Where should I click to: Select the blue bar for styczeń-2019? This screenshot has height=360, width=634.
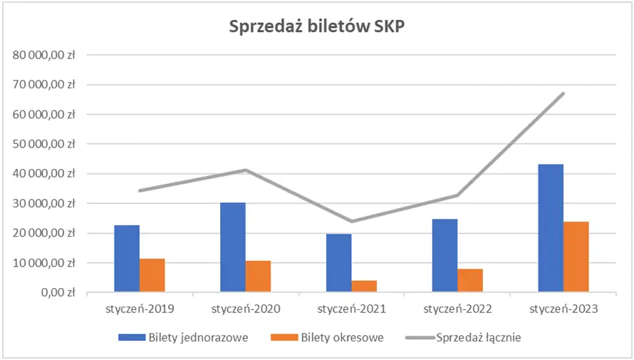click(x=127, y=258)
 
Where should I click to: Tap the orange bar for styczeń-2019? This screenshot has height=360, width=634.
click(x=152, y=275)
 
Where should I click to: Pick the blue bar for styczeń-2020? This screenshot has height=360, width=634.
click(x=233, y=247)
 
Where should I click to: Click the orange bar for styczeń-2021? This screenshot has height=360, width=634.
click(x=364, y=286)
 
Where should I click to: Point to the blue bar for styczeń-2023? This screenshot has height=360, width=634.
click(x=551, y=228)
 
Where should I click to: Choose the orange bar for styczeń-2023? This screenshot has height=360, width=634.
click(x=576, y=257)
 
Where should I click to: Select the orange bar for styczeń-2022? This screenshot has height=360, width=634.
click(x=470, y=280)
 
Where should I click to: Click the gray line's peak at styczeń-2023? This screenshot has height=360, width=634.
click(x=563, y=93)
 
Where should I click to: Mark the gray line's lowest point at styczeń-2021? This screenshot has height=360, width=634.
click(x=351, y=221)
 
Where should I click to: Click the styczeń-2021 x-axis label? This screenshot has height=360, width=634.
click(x=351, y=309)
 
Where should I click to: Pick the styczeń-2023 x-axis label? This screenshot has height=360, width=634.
click(x=563, y=309)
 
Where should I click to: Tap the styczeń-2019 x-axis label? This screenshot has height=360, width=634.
click(x=140, y=309)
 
